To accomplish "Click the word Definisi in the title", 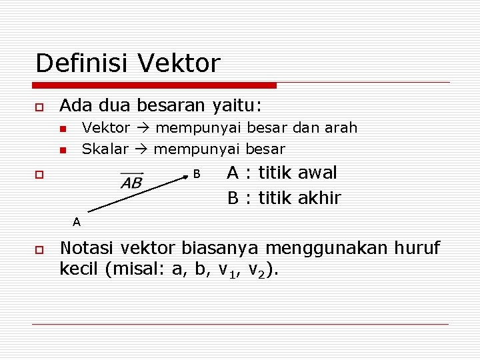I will (83, 63).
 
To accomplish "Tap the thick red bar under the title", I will (155, 85).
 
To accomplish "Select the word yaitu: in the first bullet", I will (237, 105).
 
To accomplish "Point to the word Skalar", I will (105, 149).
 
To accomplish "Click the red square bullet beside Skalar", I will (62, 149).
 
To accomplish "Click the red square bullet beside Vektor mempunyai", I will (62, 128).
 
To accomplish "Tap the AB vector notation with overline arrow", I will (131, 181).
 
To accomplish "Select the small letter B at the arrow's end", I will (197, 174).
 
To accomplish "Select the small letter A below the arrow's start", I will (77, 221).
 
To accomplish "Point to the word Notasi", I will (87, 249).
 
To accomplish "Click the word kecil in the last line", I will (78, 270).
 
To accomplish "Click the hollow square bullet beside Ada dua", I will (39, 107).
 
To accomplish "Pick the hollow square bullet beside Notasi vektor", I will (39, 249).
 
